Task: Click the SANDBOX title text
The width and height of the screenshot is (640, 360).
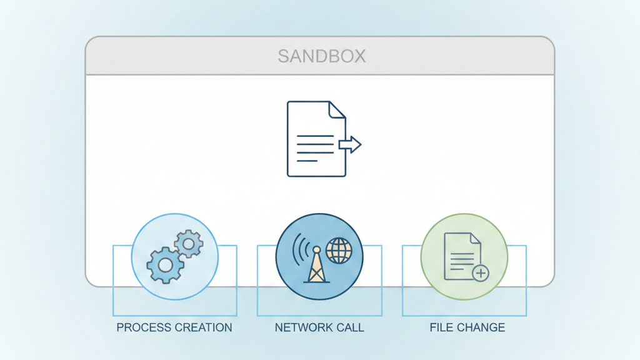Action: coord(321,56)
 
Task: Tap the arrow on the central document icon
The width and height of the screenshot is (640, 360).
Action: coord(351,145)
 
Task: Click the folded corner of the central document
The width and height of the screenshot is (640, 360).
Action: coord(337,109)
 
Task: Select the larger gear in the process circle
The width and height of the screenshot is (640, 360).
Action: coord(165,265)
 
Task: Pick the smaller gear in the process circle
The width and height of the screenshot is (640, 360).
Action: coord(188,244)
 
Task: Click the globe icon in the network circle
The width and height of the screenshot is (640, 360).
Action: coord(339,250)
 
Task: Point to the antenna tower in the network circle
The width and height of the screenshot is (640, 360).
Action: coord(316,266)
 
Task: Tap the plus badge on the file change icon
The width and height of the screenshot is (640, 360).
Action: coord(480,273)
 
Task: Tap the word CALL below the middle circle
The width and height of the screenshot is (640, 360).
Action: coord(349,327)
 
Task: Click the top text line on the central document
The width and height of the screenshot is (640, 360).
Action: coord(315,136)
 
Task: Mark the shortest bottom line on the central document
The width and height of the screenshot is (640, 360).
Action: coord(307,161)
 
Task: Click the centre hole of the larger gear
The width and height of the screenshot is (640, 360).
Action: coord(165,265)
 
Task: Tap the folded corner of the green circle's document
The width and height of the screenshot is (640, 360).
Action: coord(475,238)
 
